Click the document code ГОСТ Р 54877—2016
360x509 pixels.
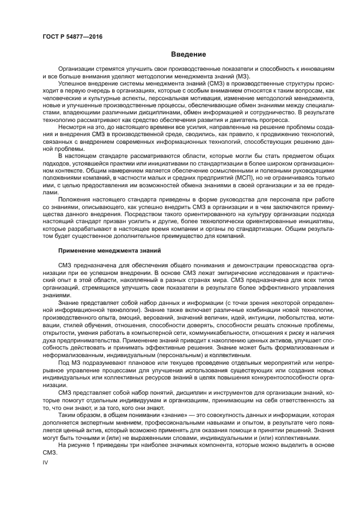[x=72, y=36]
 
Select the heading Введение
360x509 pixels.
[x=188, y=54]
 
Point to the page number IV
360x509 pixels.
[x=46, y=461]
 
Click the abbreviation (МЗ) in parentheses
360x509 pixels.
[x=237, y=76]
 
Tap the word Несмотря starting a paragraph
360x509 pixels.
[x=74, y=126]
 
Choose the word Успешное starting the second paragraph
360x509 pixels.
[x=75, y=84]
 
